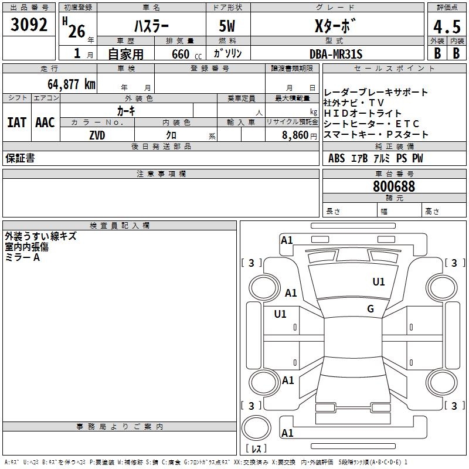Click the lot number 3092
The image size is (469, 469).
pyautogui.click(x=29, y=25)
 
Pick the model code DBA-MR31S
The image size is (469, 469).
pyautogui.click(x=336, y=55)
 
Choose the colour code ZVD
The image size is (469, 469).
pyautogui.click(x=97, y=135)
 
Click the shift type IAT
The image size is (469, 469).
pyautogui.click(x=17, y=123)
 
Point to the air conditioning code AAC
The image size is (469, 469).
pyautogui.click(x=45, y=123)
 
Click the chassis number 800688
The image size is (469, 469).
pyautogui.click(x=394, y=186)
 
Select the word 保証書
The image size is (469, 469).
pyautogui.click(x=20, y=158)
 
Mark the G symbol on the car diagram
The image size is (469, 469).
pyautogui.click(x=371, y=309)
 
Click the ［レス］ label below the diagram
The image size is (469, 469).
pyautogui.click(x=256, y=448)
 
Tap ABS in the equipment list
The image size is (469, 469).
pyautogui.click(x=337, y=158)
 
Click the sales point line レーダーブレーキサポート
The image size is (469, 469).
pyautogui.click(x=376, y=92)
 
